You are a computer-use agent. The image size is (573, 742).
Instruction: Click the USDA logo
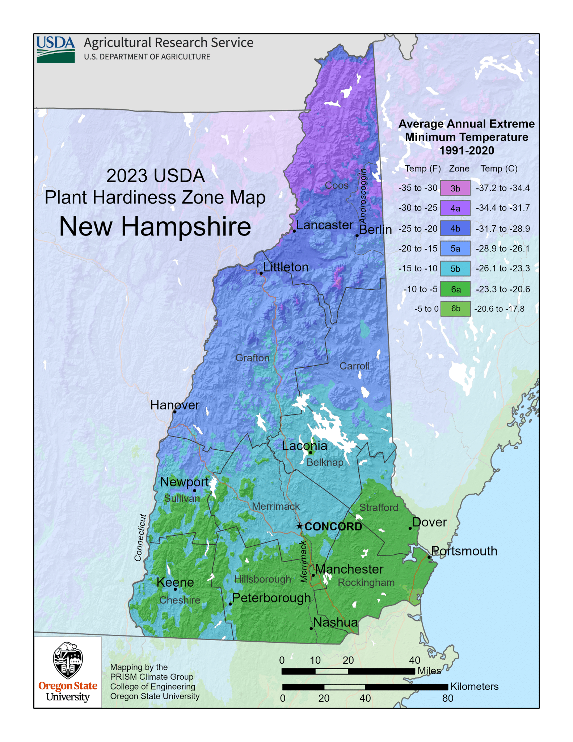[x=55, y=49]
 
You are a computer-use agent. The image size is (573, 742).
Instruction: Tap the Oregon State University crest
[x=68, y=660]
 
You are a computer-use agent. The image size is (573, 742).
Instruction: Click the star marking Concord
[x=300, y=526]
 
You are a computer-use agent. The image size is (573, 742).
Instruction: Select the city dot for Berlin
[x=357, y=236]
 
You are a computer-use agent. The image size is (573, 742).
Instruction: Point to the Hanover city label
[x=175, y=405]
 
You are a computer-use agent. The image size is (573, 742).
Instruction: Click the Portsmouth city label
[x=464, y=551]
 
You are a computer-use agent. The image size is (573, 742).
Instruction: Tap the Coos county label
[x=337, y=185]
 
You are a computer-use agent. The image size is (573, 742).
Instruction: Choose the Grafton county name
[x=253, y=358]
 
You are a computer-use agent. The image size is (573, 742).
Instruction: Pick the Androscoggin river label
[x=363, y=197]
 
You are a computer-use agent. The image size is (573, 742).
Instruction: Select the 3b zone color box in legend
[x=455, y=188]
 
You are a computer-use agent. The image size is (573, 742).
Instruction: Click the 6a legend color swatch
[x=455, y=289]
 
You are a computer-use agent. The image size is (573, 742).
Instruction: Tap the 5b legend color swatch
[x=455, y=269]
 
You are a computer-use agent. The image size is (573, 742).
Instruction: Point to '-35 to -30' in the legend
[x=418, y=188]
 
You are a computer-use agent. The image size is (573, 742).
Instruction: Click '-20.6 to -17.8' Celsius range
[x=499, y=309]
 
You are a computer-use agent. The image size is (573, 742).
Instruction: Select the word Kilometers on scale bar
[x=474, y=687]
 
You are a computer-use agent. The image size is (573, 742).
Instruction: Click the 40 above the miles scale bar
[x=415, y=660]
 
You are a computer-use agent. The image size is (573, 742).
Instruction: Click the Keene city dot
[x=175, y=589]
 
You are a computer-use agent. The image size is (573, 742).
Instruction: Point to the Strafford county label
[x=379, y=508]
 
